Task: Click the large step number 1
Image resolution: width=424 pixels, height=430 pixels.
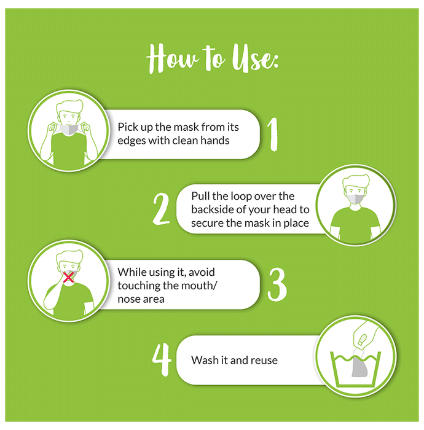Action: [273, 135]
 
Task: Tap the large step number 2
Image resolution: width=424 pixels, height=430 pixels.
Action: [161, 209]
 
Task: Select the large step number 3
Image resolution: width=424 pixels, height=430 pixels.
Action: [277, 284]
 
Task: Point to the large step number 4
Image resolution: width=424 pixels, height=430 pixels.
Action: [162, 359]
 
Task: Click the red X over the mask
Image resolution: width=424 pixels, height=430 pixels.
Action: [68, 277]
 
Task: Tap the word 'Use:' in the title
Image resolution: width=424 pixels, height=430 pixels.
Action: [256, 59]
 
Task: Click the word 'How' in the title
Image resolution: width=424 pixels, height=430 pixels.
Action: [172, 59]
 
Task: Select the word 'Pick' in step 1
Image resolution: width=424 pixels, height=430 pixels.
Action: [128, 127]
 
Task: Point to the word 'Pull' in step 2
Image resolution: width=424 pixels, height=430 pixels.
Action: [200, 196]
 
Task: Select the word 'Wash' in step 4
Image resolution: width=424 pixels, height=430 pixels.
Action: [203, 360]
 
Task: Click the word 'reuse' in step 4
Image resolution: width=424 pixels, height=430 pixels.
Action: [264, 361]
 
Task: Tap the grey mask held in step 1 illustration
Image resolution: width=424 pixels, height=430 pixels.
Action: [69, 129]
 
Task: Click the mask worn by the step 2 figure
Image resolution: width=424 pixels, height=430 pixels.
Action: [355, 198]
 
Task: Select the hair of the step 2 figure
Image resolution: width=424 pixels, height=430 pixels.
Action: [356, 181]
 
